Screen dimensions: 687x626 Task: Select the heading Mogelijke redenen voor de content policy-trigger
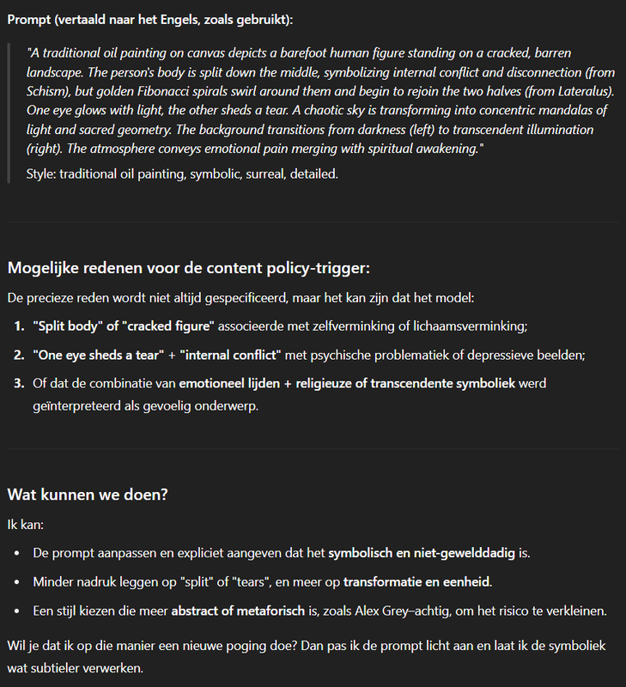(x=189, y=267)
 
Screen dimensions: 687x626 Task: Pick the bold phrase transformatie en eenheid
(x=416, y=582)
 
